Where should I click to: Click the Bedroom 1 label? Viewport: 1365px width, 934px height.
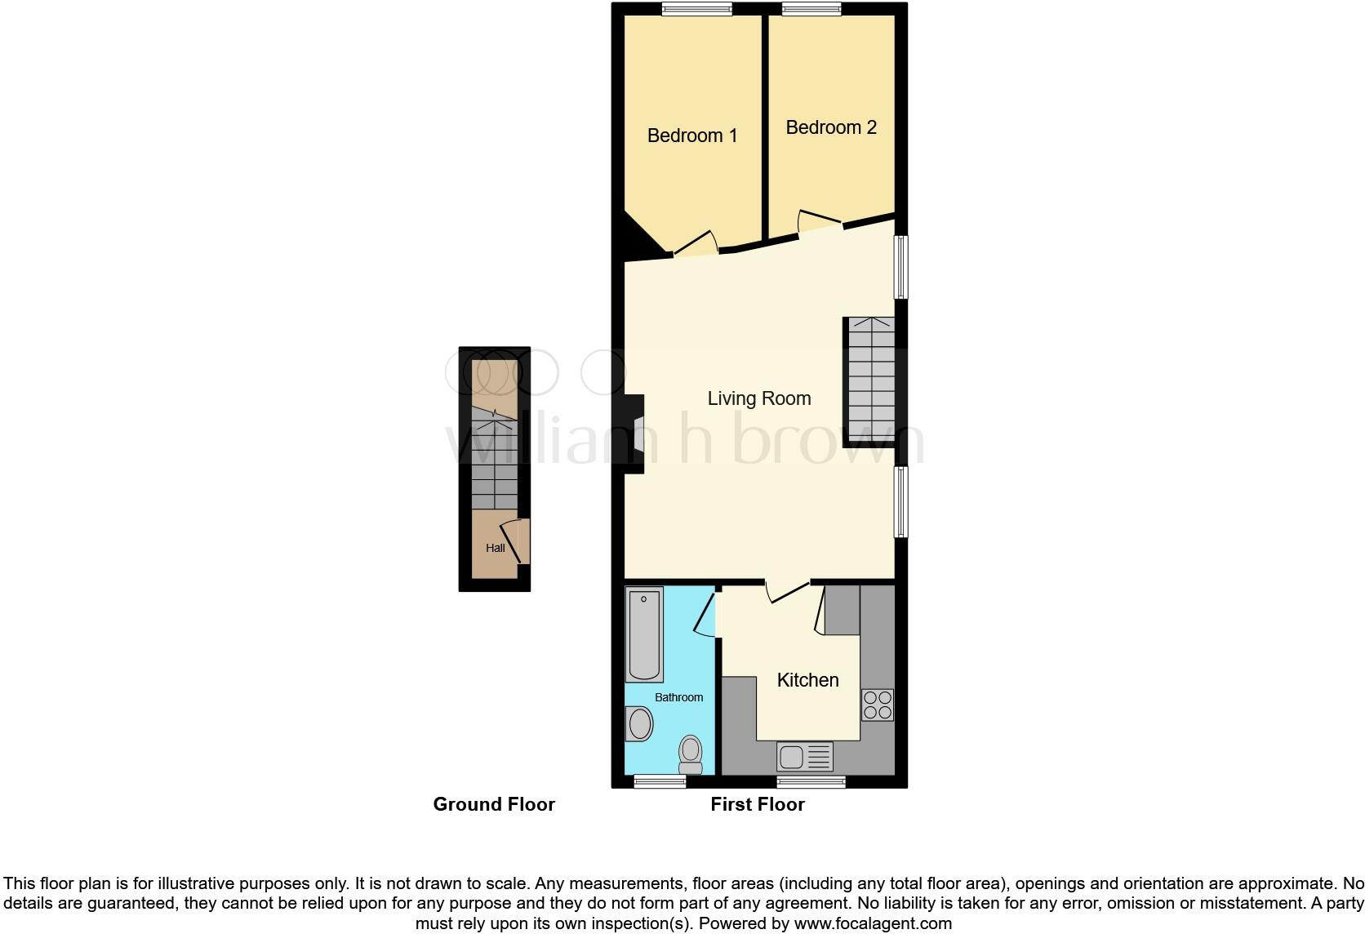(x=691, y=136)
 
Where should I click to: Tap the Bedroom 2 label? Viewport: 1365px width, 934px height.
(x=831, y=127)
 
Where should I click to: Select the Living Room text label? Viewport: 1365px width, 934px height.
(x=758, y=398)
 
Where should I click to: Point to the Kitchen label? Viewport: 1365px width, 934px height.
(x=807, y=680)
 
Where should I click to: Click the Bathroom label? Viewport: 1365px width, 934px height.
(x=678, y=697)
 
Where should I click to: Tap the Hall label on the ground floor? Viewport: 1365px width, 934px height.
(x=495, y=548)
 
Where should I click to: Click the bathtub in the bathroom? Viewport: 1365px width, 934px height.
(x=644, y=634)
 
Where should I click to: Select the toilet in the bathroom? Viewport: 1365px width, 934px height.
(x=691, y=754)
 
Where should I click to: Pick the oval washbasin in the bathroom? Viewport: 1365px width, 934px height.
(x=639, y=723)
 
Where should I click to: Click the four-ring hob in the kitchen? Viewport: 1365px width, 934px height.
(x=878, y=705)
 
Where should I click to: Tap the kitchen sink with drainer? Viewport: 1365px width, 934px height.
(x=804, y=757)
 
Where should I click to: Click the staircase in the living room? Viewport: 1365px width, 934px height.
(x=871, y=379)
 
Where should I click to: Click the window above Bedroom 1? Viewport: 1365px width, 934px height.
(x=696, y=10)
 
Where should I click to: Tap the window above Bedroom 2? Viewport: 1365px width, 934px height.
(x=811, y=10)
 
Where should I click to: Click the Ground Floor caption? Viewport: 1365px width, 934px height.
(x=494, y=804)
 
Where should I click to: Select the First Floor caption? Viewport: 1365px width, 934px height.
(x=757, y=804)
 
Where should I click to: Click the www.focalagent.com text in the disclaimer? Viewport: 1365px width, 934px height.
(x=873, y=924)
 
